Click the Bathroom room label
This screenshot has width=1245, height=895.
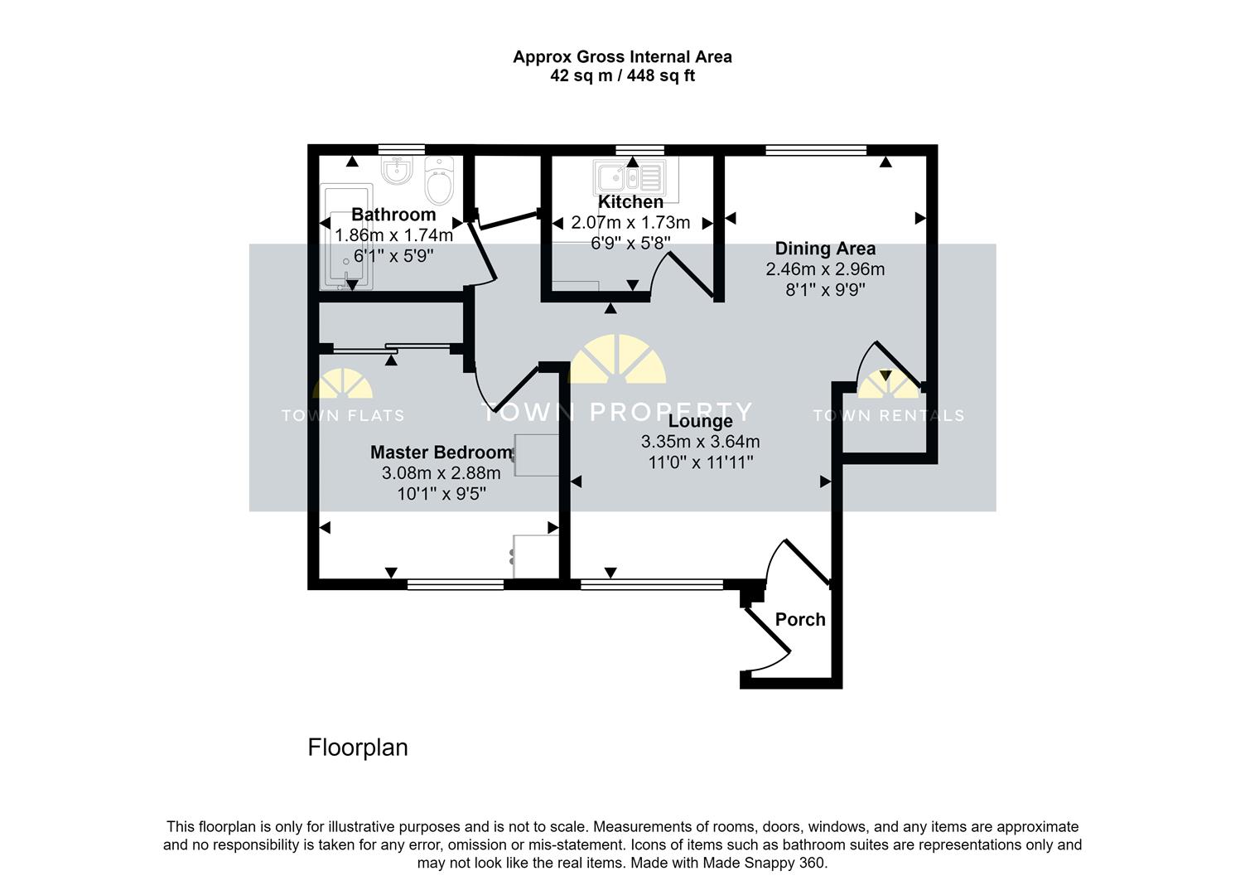coord(393,215)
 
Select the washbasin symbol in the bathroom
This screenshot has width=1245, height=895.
coord(398,172)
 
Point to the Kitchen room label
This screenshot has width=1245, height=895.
coord(630,202)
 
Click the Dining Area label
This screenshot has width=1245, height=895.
coord(825,249)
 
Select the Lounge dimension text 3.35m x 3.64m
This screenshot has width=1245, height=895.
coord(700,442)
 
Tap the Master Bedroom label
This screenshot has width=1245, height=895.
coord(441,452)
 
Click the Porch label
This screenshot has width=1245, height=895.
coord(800,620)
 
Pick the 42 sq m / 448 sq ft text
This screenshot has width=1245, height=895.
coord(622,76)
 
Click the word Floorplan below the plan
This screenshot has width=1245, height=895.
coord(358,747)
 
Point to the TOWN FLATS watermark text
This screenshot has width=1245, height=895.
coord(343,416)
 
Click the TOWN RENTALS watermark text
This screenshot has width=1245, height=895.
coord(888,416)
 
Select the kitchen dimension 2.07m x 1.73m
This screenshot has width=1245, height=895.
coord(630,223)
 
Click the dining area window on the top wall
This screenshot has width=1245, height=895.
coord(816,150)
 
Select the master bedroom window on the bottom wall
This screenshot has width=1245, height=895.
coord(456,585)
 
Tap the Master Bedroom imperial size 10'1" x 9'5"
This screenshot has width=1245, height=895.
coord(441,494)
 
